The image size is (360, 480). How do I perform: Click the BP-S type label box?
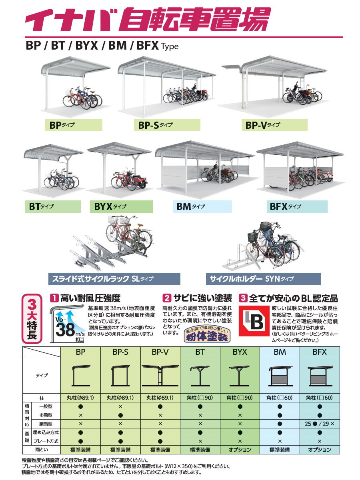coord(167,125)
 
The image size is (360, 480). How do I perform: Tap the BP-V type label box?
coord(274,125)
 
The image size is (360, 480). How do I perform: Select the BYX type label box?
coord(121,206)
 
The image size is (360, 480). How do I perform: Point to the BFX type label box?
coord(296,206)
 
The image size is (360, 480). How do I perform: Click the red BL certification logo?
coord(253,321)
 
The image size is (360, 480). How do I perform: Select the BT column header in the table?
coord(200,352)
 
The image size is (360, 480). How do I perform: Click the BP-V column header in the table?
coord(160,352)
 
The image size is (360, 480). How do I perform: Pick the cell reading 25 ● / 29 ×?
coord(320,423)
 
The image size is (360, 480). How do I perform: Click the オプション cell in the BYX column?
coord(240,450)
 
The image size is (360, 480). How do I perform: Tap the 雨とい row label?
coord(42,450)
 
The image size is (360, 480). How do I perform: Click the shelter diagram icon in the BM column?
coord(280,376)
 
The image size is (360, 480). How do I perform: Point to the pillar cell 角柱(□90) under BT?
coord(200,398)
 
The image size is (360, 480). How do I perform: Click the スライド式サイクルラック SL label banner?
coord(114,279)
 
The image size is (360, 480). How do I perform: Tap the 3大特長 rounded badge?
coord(32,318)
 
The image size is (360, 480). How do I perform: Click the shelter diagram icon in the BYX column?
coord(240,376)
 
